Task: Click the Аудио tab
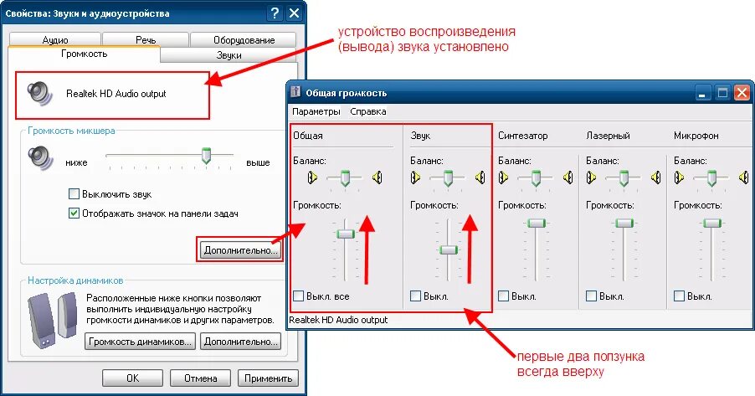coord(55,40)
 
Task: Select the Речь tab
coord(145,40)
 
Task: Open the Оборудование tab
coord(243,40)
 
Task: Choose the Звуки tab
coord(229,55)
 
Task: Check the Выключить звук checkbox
coord(74,193)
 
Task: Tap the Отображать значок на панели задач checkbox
coord(74,213)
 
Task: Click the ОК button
coord(132,378)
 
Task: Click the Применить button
coord(268,378)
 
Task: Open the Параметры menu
coord(316,111)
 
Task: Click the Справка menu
coord(367,111)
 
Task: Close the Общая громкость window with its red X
coord(741,93)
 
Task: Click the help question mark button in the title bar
coord(275,13)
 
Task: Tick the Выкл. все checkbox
coord(299,296)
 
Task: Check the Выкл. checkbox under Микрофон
coord(679,296)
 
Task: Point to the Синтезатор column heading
coord(522,135)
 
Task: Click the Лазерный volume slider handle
coord(622,223)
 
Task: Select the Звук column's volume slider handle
coord(449,249)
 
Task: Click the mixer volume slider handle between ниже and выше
coord(206,156)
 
